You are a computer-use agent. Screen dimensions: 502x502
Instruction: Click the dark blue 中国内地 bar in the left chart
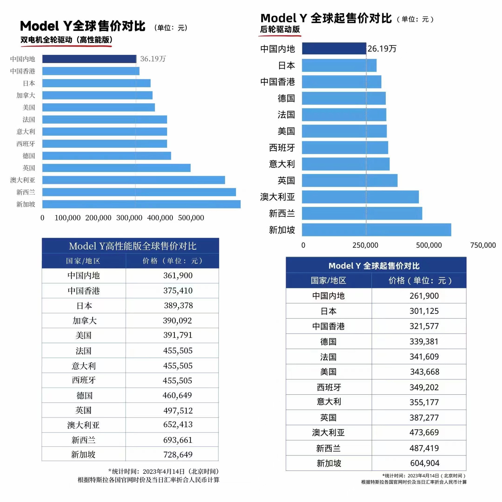pyautogui.click(x=89, y=59)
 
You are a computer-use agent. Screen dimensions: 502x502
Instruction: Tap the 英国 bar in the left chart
pyautogui.click(x=116, y=168)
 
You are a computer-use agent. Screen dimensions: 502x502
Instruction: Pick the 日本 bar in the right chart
pyautogui.click(x=339, y=65)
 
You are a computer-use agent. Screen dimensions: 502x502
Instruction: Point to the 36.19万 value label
pyautogui.click(x=153, y=59)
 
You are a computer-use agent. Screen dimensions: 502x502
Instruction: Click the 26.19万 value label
pyautogui.click(x=382, y=49)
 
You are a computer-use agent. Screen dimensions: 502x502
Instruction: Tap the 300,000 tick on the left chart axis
pyautogui.click(x=129, y=218)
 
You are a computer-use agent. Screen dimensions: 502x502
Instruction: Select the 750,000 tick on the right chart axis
pyautogui.click(x=483, y=245)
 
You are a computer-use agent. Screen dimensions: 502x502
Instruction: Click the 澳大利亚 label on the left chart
pyautogui.click(x=23, y=180)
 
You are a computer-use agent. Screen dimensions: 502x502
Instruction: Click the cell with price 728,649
pyautogui.click(x=178, y=454)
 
